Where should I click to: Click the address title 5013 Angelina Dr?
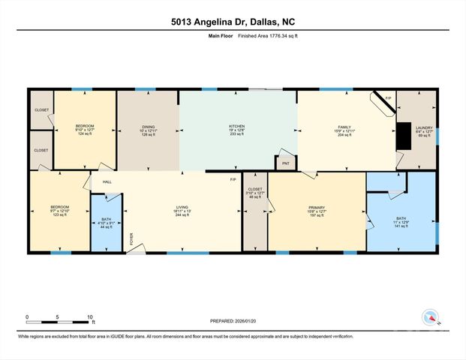(x=233, y=22)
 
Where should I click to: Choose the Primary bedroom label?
(x=317, y=211)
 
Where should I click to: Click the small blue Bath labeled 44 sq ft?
(x=106, y=223)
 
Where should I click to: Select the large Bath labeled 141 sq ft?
(x=401, y=223)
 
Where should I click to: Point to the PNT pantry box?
(x=285, y=163)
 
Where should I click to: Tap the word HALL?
(x=107, y=181)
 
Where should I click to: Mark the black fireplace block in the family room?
(x=404, y=136)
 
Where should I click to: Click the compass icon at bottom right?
(x=431, y=317)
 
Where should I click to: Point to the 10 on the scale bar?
(x=90, y=317)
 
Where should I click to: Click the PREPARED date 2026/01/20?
(x=233, y=321)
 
